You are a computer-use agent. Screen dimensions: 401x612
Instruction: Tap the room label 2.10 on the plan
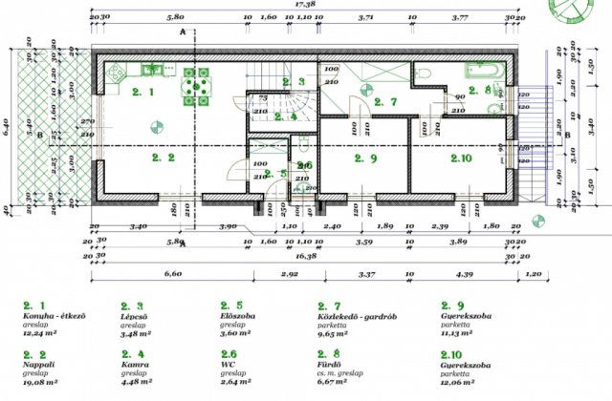point(462,158)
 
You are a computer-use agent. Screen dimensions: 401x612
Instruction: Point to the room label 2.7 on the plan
point(384,101)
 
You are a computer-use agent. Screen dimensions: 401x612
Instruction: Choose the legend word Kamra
point(133,365)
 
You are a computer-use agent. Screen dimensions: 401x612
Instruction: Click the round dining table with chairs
point(198,88)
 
